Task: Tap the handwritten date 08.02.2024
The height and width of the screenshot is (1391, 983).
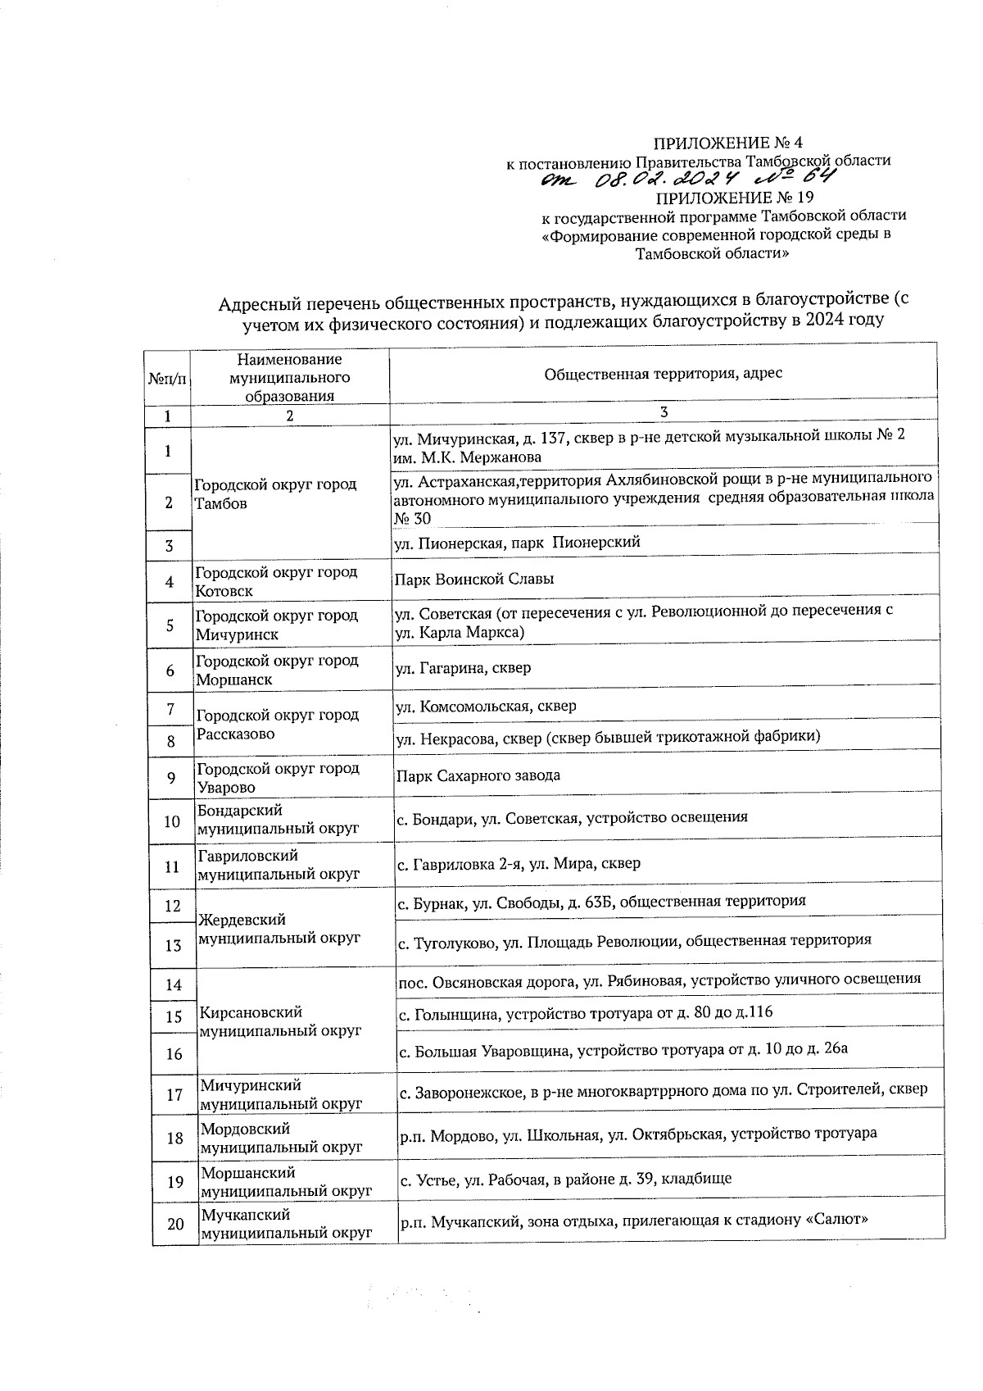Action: point(668,180)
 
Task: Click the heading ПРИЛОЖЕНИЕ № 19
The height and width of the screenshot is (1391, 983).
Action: point(735,198)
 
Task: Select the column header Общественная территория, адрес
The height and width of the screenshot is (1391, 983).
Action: point(663,374)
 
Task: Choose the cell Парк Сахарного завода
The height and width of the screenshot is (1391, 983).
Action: point(478,775)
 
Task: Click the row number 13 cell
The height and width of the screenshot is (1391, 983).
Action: point(173,946)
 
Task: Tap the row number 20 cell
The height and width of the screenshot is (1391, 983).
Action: point(175,1225)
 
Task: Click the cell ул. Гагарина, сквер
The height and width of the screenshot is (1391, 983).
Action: point(464,668)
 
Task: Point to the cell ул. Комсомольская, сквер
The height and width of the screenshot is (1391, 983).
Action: point(486,706)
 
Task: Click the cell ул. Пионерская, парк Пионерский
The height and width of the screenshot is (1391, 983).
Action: point(517,543)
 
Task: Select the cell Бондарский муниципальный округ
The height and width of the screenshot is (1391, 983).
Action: point(278,819)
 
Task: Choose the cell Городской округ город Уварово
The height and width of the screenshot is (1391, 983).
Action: point(278,778)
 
